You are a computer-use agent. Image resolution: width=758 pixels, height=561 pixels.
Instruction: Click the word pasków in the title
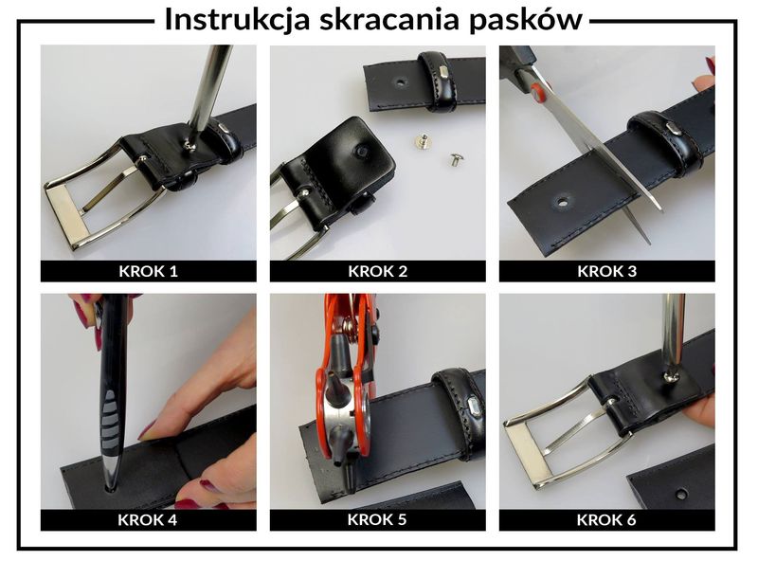click(528, 20)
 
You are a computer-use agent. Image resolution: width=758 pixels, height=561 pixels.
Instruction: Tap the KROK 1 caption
click(148, 271)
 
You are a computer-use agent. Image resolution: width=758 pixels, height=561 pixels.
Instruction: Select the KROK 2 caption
click(377, 271)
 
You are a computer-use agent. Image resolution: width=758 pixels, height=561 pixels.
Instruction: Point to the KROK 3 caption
click(606, 271)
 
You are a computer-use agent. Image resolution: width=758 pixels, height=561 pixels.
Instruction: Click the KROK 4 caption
click(148, 519)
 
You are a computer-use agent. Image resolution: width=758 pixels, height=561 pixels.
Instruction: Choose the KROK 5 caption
click(377, 519)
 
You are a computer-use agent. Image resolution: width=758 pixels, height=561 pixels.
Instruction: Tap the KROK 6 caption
click(606, 519)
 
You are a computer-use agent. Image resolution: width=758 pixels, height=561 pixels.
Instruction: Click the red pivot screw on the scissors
click(539, 94)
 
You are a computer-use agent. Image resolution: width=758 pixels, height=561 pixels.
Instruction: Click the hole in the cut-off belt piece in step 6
click(680, 493)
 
